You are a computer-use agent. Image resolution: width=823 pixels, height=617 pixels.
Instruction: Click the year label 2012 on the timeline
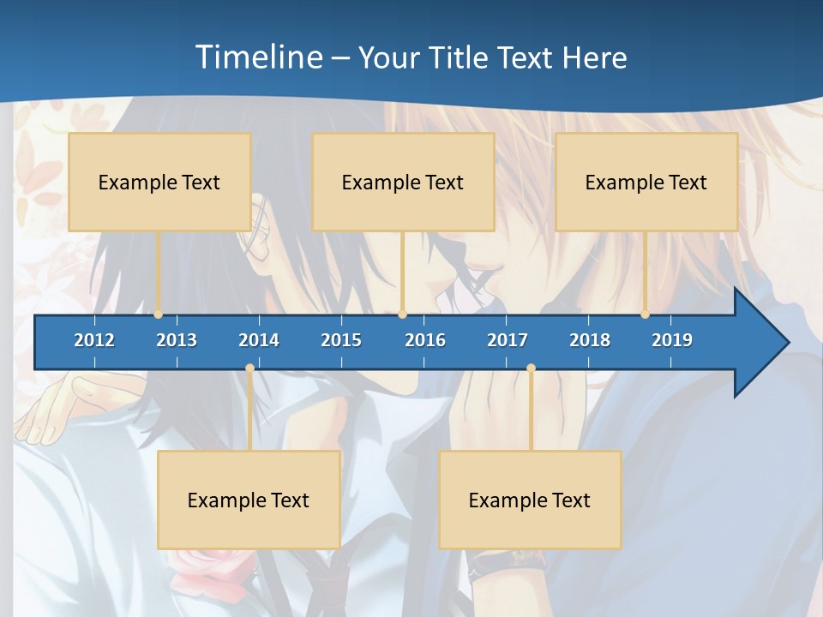point(94,340)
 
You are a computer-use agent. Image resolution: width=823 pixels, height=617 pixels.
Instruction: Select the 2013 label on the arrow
point(177,340)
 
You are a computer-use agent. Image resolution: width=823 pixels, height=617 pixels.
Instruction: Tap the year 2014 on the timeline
point(259,340)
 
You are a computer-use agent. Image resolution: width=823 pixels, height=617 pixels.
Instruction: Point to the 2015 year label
point(341,340)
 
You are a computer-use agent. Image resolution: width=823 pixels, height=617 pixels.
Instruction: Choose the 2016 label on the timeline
point(425,340)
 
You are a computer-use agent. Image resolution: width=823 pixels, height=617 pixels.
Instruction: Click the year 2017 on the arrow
point(508,340)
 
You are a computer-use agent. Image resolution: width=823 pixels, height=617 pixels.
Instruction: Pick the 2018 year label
point(590,340)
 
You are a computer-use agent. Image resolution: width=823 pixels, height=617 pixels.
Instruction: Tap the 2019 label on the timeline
point(672,340)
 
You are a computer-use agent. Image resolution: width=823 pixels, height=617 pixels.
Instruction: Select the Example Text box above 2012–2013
point(159,183)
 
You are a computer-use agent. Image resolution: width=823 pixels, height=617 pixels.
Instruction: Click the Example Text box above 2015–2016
point(403,183)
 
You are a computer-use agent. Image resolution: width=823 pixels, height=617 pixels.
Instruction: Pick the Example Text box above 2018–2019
point(646,183)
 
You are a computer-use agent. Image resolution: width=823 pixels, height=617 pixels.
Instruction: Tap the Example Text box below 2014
point(249,500)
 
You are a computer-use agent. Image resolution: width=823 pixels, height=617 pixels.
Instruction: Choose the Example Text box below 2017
point(530,500)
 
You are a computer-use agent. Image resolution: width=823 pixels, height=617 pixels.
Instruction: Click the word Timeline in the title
point(258,57)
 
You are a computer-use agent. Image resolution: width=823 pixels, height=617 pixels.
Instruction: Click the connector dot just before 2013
point(159,314)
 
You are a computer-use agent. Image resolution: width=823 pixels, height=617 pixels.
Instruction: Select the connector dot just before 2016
point(402,314)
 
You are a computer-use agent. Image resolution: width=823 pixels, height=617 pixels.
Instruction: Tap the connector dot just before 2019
point(646,314)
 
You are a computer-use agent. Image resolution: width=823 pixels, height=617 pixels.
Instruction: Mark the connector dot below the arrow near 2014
point(249,368)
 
